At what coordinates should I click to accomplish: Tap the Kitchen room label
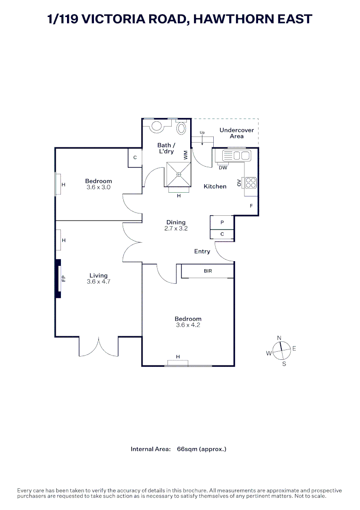(x=215, y=187)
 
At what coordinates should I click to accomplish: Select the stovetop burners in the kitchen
(x=251, y=182)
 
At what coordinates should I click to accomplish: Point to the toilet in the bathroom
(x=181, y=127)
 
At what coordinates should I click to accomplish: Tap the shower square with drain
(x=179, y=175)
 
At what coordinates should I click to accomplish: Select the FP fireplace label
(x=63, y=279)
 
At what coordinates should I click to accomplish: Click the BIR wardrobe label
(x=208, y=271)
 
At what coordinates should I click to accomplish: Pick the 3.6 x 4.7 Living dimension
(x=98, y=282)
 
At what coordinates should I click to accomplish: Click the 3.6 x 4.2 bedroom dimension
(x=188, y=325)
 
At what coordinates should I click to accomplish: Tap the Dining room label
(x=176, y=222)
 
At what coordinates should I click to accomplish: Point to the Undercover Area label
(x=237, y=133)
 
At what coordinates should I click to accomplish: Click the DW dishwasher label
(x=224, y=168)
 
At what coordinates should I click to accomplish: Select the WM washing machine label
(x=186, y=154)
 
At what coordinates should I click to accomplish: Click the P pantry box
(x=222, y=222)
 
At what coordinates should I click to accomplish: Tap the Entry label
(x=202, y=252)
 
